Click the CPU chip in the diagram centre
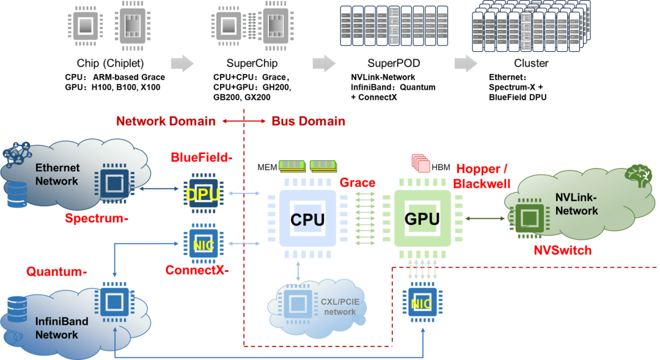(x=307, y=218)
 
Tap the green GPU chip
(x=422, y=218)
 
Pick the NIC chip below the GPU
(x=420, y=303)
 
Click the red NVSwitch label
(x=563, y=251)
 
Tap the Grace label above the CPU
(x=357, y=182)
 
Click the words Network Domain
(x=166, y=121)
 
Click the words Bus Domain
(x=308, y=121)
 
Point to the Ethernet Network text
(x=57, y=174)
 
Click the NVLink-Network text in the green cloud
(x=576, y=205)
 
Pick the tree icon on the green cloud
(x=638, y=175)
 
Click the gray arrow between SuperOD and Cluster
(x=466, y=63)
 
